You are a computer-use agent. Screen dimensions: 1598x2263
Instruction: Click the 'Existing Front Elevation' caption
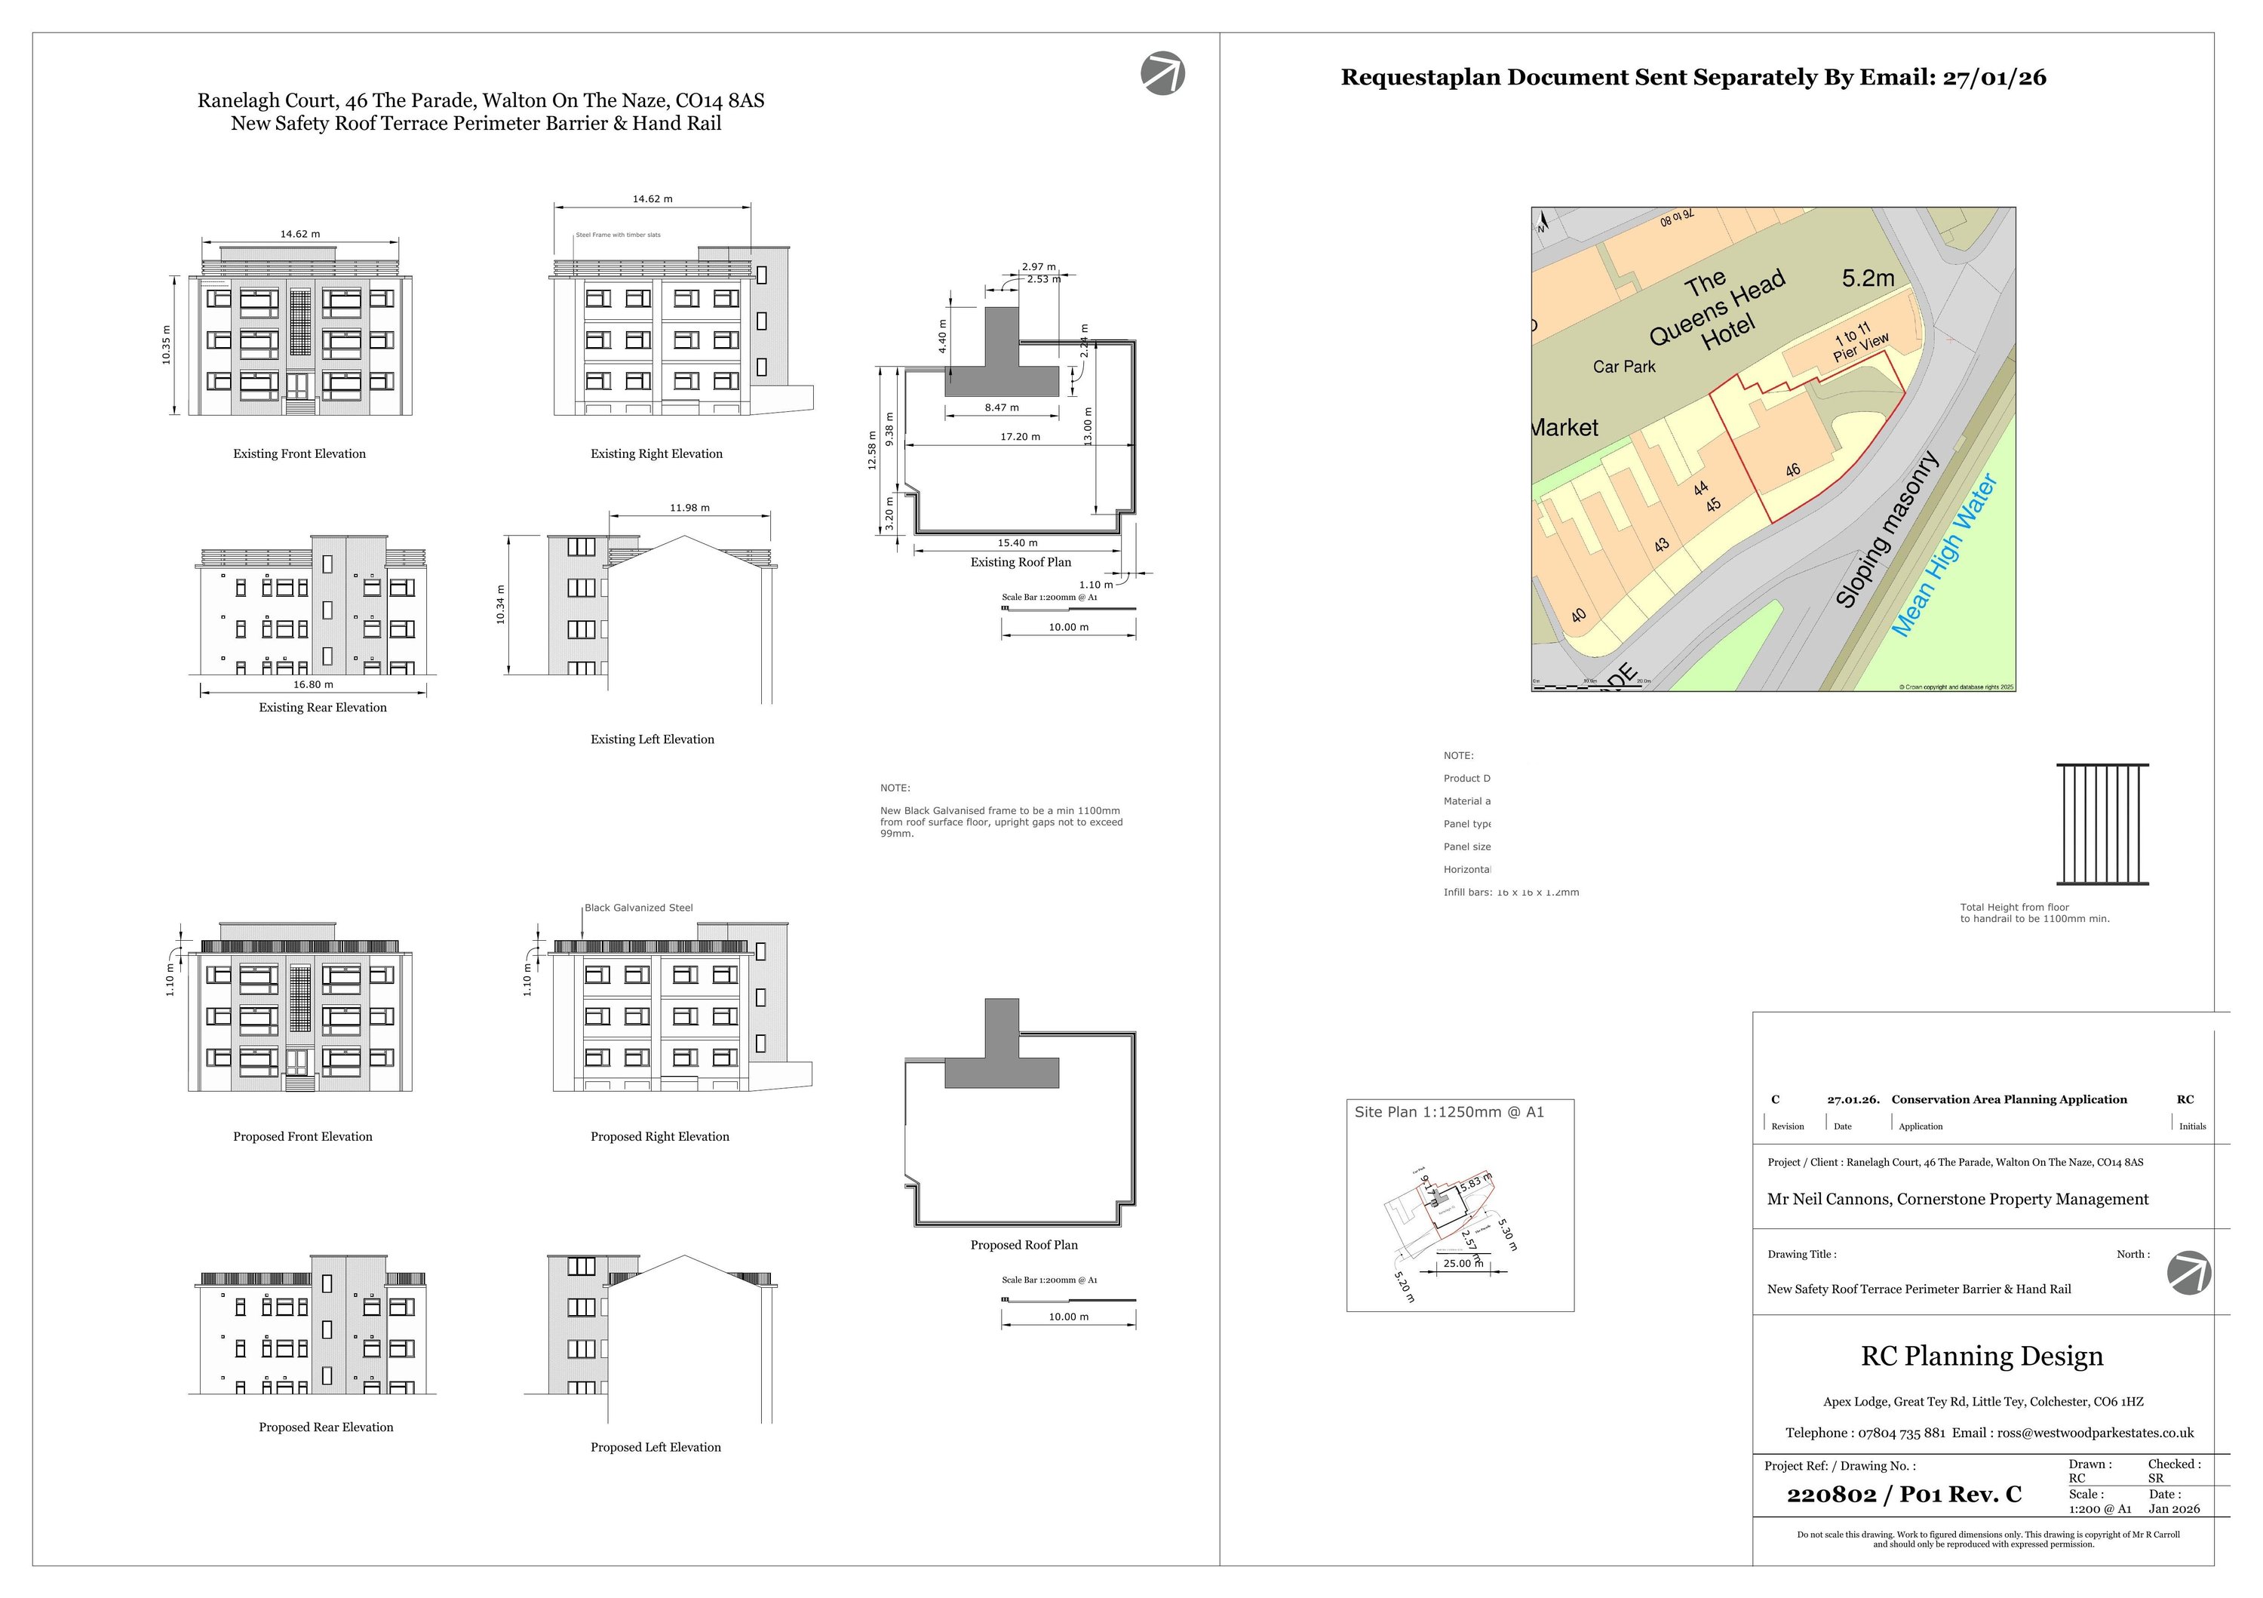coord(299,454)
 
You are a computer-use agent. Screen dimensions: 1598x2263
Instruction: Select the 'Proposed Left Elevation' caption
coord(656,1447)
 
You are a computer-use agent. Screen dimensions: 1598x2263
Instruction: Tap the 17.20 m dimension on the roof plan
coord(1020,437)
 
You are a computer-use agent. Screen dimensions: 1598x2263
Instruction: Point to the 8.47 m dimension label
coord(1002,407)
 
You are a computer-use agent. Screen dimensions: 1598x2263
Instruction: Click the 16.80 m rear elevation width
coord(314,684)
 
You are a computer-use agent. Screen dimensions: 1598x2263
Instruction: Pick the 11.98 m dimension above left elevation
coord(690,508)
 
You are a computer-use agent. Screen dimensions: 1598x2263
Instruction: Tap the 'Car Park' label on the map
coord(1624,367)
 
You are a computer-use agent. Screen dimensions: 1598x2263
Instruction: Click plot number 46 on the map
coord(1793,470)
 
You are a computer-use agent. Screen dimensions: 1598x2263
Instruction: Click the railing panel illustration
coord(2102,824)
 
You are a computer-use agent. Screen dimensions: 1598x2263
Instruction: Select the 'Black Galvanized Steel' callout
coord(639,908)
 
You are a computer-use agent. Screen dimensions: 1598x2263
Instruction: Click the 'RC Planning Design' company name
coord(1981,1357)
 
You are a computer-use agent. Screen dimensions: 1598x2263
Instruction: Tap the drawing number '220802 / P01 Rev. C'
coord(1903,1495)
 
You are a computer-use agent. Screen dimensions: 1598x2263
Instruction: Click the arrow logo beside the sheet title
coord(1163,74)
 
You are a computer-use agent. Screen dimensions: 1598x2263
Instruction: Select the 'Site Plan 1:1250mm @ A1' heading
coord(1449,1112)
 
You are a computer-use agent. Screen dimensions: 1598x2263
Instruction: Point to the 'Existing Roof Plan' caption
coord(1020,562)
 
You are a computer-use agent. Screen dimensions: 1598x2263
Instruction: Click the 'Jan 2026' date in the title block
coord(2174,1508)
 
